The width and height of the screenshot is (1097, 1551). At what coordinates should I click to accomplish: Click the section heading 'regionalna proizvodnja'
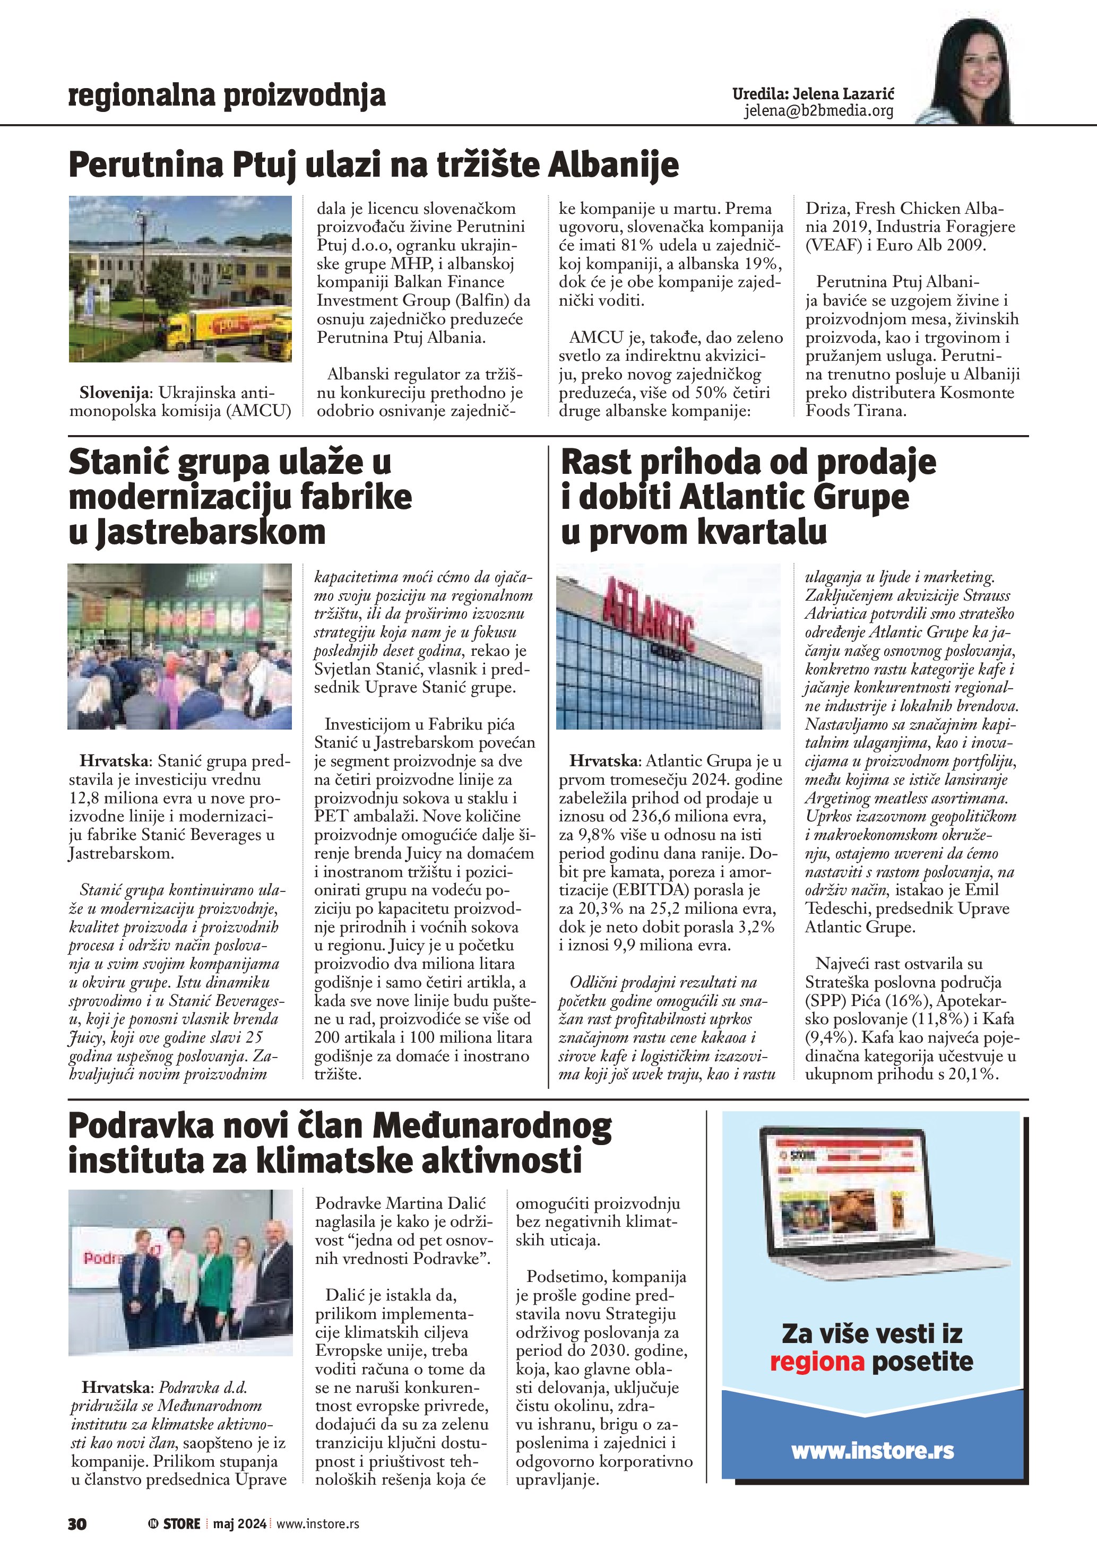227,96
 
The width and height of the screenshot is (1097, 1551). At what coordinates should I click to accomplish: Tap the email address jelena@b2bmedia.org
819,111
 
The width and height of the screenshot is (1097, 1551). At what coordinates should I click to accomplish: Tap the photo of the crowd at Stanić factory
180,646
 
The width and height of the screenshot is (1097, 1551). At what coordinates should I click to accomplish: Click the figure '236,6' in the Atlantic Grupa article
654,816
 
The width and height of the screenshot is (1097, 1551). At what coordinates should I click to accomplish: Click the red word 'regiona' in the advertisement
817,1361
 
